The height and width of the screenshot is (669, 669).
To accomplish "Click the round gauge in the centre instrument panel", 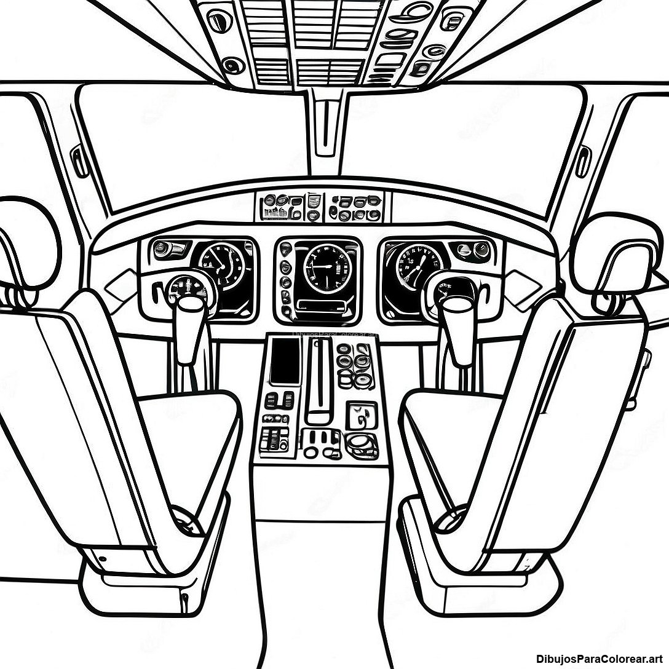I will click(326, 267).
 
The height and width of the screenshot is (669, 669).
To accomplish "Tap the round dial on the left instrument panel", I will click(221, 264).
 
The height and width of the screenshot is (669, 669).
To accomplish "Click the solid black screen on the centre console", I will click(285, 361).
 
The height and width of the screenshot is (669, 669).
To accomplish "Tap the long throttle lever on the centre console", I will click(319, 381).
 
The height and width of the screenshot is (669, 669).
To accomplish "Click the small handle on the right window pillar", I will click(582, 161).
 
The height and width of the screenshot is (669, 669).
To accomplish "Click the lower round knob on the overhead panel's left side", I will click(232, 64).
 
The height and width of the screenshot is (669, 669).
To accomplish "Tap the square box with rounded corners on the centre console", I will click(361, 415).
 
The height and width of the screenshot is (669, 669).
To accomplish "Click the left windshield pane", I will click(191, 135).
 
